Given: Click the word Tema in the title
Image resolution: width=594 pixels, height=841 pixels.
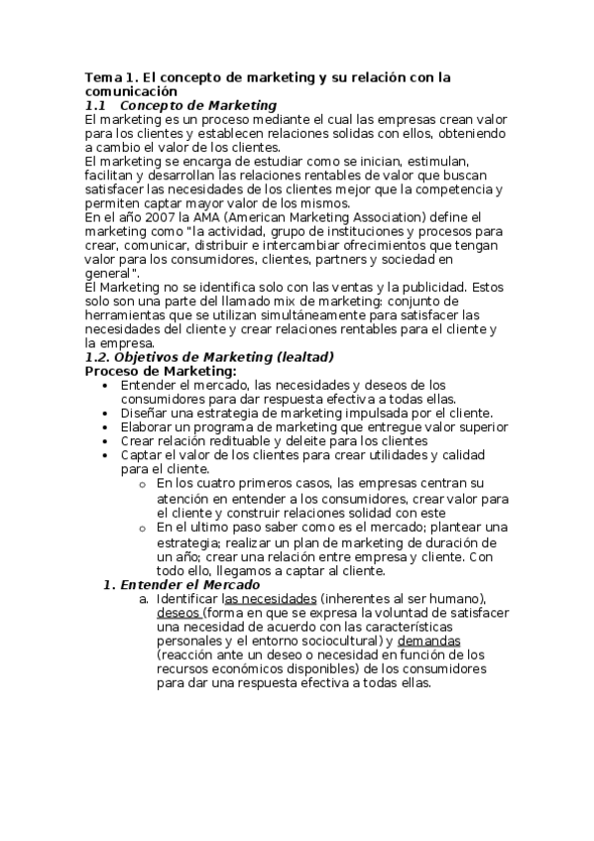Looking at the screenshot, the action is [x=100, y=76].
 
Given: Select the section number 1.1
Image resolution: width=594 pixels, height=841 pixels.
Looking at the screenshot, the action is [x=95, y=105].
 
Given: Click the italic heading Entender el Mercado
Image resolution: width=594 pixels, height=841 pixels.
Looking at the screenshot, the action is [x=188, y=585].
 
